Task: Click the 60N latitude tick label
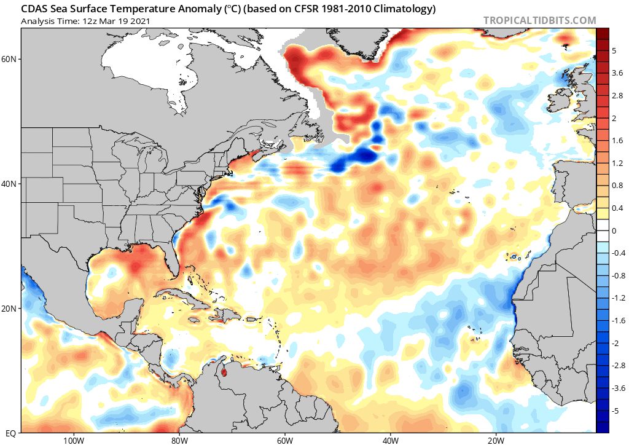pos(9,59)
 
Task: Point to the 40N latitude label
pos(9,184)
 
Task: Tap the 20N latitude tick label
pos(9,309)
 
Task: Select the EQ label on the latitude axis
pos(11,433)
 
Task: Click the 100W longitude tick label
pos(74,440)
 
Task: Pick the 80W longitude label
pos(179,440)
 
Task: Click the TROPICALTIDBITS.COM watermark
pos(539,20)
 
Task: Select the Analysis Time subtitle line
pos(85,21)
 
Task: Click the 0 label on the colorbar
pos(614,230)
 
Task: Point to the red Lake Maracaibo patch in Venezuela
pos(224,372)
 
